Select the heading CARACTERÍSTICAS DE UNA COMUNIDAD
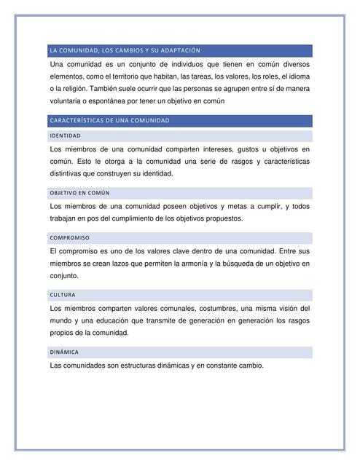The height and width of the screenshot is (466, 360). pos(109,120)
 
